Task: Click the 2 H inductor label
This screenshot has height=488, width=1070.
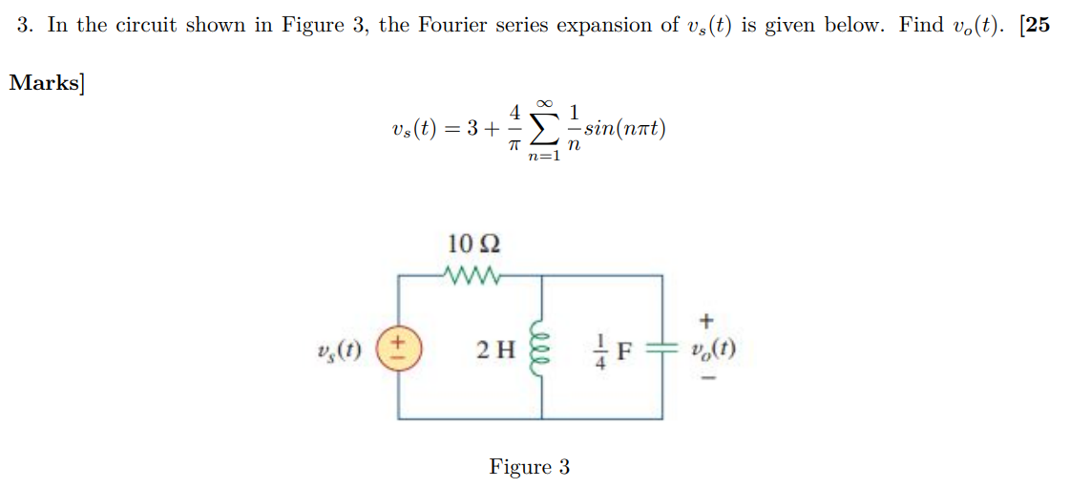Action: tap(495, 350)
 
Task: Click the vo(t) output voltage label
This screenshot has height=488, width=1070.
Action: tap(711, 349)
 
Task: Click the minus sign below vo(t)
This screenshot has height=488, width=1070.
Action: tap(707, 378)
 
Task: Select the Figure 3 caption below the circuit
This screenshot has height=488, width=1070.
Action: tap(530, 467)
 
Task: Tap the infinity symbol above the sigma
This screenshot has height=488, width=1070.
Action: tap(545, 102)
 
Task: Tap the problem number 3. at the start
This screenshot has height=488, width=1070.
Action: tap(26, 26)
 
